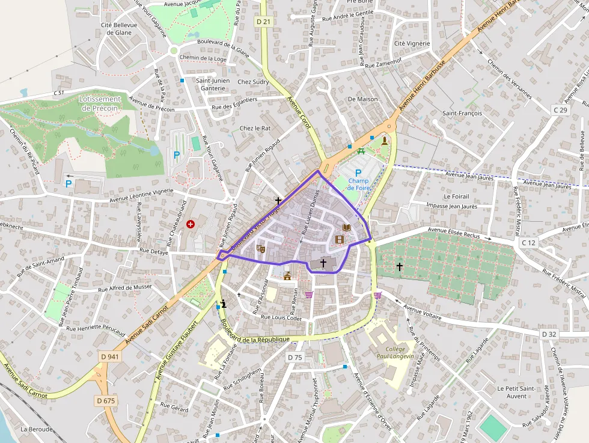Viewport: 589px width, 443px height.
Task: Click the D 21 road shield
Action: (263, 22)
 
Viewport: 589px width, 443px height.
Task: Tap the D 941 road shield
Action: (110, 356)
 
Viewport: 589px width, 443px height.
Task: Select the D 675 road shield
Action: (105, 400)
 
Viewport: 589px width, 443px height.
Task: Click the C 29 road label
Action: (560, 110)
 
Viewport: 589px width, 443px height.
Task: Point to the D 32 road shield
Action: (549, 334)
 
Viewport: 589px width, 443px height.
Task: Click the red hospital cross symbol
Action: (191, 224)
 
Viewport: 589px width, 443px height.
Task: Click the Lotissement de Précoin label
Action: (100, 103)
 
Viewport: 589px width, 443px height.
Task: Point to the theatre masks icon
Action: (261, 248)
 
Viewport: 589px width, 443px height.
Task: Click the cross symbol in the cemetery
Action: (399, 266)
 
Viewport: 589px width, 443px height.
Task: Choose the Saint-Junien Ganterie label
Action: (210, 84)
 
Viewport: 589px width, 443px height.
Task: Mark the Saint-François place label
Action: (462, 113)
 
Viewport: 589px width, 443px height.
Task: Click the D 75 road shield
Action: (294, 357)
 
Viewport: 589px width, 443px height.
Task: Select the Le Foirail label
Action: (456, 196)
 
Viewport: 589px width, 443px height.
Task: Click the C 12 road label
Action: (528, 242)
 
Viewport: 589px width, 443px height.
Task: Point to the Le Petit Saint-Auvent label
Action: (516, 392)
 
